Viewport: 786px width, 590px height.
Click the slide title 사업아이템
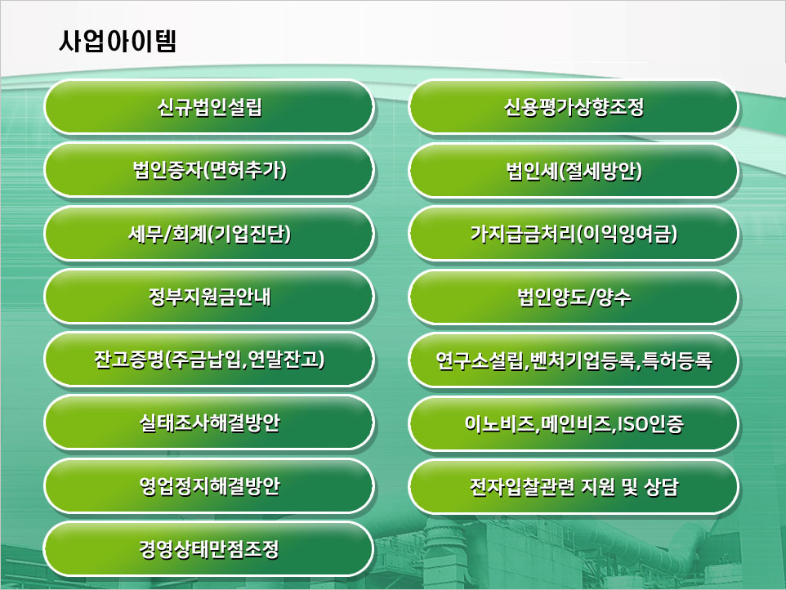[118, 41]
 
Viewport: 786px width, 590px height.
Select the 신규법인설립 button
[209, 107]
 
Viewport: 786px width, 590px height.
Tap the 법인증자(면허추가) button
[209, 171]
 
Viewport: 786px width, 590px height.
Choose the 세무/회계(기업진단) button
[209, 234]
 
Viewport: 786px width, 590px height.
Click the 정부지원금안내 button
[209, 297]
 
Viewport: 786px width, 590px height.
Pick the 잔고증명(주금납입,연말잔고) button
[209, 360]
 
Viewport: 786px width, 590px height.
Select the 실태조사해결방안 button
[209, 423]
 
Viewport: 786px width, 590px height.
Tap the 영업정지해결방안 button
[209, 486]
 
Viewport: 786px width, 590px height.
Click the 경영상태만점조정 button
[209, 549]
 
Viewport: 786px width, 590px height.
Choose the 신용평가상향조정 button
[574, 107]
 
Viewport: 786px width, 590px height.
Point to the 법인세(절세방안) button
[574, 171]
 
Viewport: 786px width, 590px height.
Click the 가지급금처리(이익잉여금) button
[574, 234]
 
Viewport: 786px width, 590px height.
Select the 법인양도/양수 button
[574, 297]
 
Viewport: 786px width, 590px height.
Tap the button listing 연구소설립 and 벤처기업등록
[574, 360]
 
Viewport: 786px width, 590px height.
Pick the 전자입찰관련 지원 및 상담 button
[574, 486]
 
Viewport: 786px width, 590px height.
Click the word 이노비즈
[498, 424]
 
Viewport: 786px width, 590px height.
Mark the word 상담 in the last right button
[661, 487]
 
